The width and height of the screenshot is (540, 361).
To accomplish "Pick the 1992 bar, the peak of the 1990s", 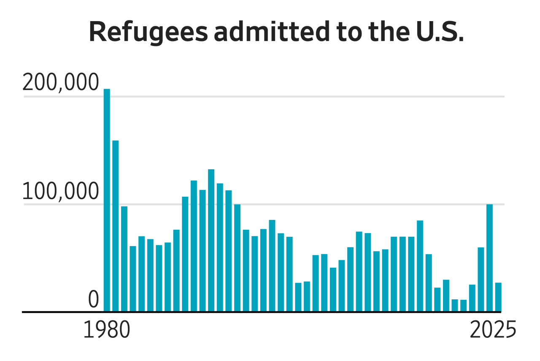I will tap(211, 240).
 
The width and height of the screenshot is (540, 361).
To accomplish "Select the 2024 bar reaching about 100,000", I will tap(489, 258).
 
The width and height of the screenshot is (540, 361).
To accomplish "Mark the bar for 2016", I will tap(420, 266).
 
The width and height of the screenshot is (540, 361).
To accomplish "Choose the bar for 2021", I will tap(463, 306).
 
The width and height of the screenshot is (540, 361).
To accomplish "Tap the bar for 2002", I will tap(298, 297).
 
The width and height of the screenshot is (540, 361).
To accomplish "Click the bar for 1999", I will tap(272, 266).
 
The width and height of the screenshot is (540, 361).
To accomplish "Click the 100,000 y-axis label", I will tap(60, 192).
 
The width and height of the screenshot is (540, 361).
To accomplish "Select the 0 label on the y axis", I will tap(93, 300).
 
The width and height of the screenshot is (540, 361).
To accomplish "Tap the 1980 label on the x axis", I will tap(106, 331).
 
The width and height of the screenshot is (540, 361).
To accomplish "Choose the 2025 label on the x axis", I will tap(493, 331).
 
